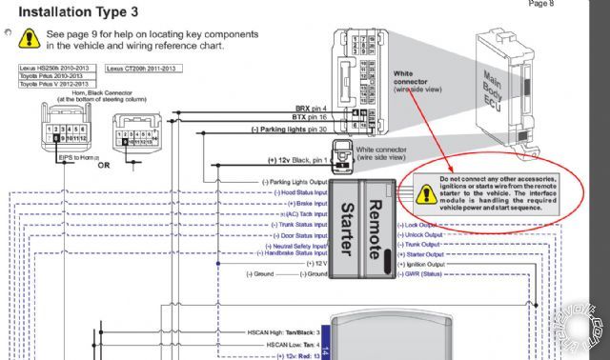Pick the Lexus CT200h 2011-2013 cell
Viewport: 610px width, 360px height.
141,69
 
